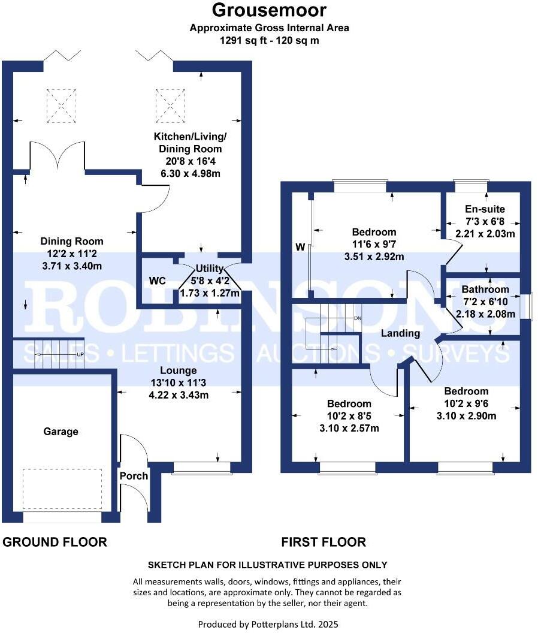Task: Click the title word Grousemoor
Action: pyautogui.click(x=269, y=10)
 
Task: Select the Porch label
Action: pyautogui.click(x=134, y=476)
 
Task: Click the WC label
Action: pyautogui.click(x=158, y=281)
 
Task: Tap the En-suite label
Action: pyautogui.click(x=485, y=209)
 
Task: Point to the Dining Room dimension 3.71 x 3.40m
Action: pyautogui.click(x=72, y=266)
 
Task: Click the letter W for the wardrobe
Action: pyautogui.click(x=300, y=247)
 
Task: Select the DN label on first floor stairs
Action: pyautogui.click(x=358, y=318)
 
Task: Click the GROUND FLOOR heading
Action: pyautogui.click(x=55, y=542)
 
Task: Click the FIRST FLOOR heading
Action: pyautogui.click(x=324, y=542)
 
